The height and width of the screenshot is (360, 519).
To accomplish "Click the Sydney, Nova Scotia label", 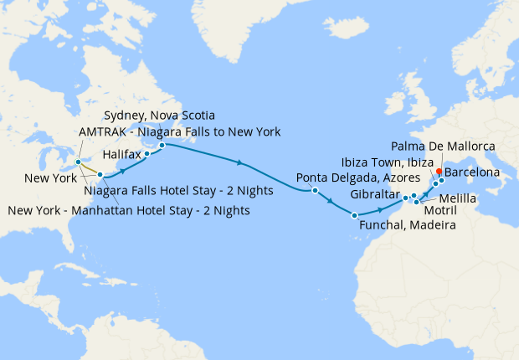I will click(x=158, y=115).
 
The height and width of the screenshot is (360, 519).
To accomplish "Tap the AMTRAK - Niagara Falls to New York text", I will click(x=179, y=131).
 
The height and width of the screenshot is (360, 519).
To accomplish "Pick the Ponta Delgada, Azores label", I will click(x=346, y=177).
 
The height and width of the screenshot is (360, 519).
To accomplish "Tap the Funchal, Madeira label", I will click(x=407, y=225).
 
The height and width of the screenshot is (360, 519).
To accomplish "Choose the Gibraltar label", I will click(x=373, y=196).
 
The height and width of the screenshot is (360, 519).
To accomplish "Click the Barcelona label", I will click(x=472, y=172).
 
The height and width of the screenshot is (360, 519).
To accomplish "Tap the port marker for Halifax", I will click(x=147, y=154).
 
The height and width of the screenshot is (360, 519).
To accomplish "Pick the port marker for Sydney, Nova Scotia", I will click(x=162, y=144).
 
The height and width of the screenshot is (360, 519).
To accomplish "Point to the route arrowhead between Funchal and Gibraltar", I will click(x=381, y=209).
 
